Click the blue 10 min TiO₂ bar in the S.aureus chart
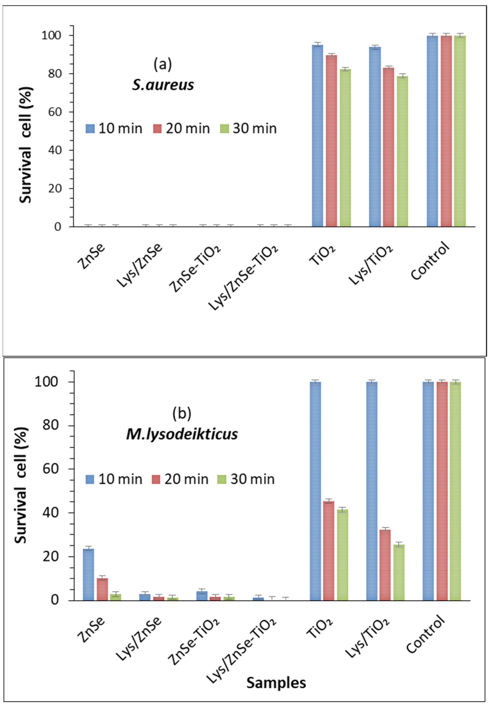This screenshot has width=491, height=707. (318, 135)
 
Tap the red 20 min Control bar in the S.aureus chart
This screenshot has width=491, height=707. (446, 131)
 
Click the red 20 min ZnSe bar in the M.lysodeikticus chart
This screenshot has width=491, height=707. (102, 589)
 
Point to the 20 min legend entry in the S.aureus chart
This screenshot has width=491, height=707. (182, 128)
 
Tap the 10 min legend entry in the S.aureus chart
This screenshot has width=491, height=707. (114, 128)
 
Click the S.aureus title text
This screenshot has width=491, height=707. (163, 85)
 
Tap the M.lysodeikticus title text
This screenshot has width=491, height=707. (182, 434)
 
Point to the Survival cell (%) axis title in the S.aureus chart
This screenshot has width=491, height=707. (25, 145)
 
